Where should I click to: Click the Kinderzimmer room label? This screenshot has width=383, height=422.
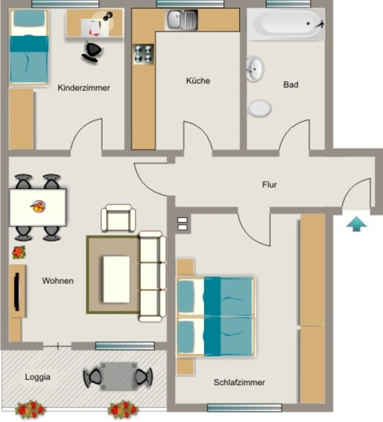(84, 88)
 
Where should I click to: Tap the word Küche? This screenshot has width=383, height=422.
(198, 80)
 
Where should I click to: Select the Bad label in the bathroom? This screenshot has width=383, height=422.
(291, 84)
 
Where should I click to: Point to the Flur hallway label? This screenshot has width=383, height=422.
(269, 185)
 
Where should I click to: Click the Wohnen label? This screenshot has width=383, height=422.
(58, 281)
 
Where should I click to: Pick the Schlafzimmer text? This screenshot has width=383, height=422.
(239, 382)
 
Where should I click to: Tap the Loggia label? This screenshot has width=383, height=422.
(38, 377)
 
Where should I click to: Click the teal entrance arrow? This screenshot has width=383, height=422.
(357, 224)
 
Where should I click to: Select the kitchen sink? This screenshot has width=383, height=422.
(182, 20)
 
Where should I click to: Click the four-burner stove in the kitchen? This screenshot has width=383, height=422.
(144, 54)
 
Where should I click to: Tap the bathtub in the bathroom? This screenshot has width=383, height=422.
(286, 23)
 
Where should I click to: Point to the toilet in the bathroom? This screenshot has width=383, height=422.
(259, 108)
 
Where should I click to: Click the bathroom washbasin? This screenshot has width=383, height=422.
(255, 69)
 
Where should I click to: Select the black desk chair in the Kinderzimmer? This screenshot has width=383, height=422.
(92, 52)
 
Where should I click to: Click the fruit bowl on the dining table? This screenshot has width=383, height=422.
(38, 207)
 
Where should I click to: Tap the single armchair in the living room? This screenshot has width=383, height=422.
(118, 218)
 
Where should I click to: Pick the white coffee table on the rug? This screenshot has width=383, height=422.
(117, 279)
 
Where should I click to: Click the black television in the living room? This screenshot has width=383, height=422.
(17, 292)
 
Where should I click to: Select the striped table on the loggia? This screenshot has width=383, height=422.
(119, 376)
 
